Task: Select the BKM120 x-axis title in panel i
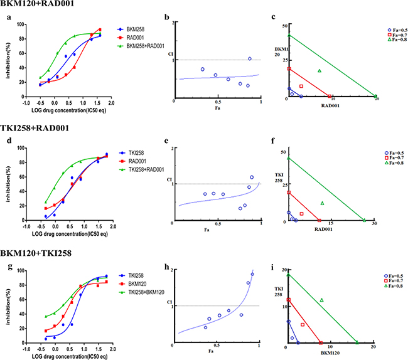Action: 329,354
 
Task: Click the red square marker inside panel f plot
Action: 302,214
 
